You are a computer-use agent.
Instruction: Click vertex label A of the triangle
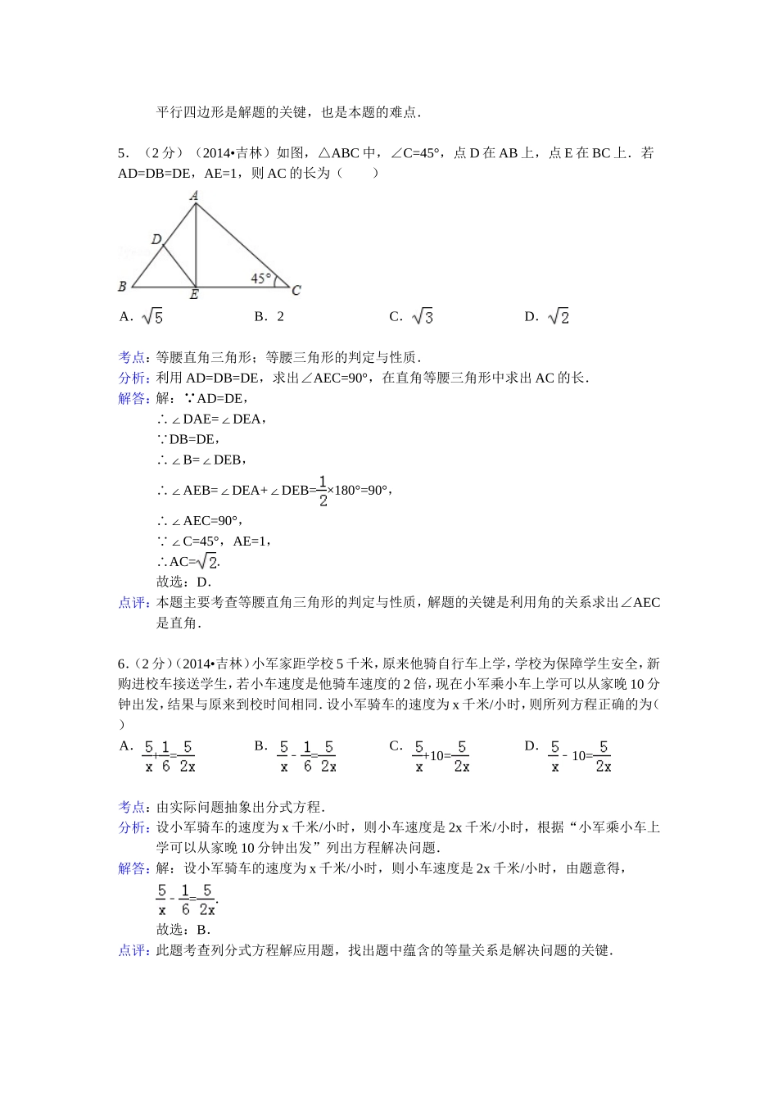(x=194, y=196)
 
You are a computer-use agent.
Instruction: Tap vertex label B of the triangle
(x=122, y=287)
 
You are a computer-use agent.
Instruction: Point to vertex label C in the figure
(x=296, y=290)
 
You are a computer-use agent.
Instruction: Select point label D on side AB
(x=156, y=238)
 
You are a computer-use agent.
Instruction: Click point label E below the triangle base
(x=194, y=296)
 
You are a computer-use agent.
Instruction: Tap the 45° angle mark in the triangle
(x=260, y=279)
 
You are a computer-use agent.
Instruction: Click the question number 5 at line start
(x=122, y=153)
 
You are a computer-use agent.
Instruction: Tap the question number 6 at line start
(x=122, y=664)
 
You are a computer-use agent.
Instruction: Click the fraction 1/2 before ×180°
(x=323, y=491)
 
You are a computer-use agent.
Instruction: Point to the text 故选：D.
(x=183, y=582)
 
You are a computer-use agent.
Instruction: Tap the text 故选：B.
(x=183, y=930)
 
